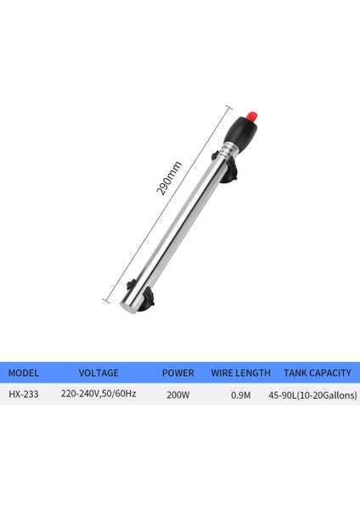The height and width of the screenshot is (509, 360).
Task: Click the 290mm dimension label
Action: [x=169, y=179]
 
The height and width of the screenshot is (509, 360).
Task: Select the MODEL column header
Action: [x=24, y=373]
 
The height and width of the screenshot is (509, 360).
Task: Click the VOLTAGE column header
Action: [x=98, y=373]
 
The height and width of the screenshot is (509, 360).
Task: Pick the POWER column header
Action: [x=178, y=373]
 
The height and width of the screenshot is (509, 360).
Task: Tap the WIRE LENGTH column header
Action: [x=241, y=373]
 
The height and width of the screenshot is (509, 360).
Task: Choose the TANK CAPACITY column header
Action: [x=318, y=373]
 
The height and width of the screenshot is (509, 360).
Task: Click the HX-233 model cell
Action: [x=24, y=394]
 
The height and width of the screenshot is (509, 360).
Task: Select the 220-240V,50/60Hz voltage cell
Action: [x=98, y=394]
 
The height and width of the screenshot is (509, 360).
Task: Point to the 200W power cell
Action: [x=177, y=394]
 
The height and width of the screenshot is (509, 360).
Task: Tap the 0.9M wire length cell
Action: [x=241, y=395]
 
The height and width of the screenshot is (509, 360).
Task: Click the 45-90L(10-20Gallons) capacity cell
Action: [x=312, y=395]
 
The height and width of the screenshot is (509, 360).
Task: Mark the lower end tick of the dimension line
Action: [x=106, y=298]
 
